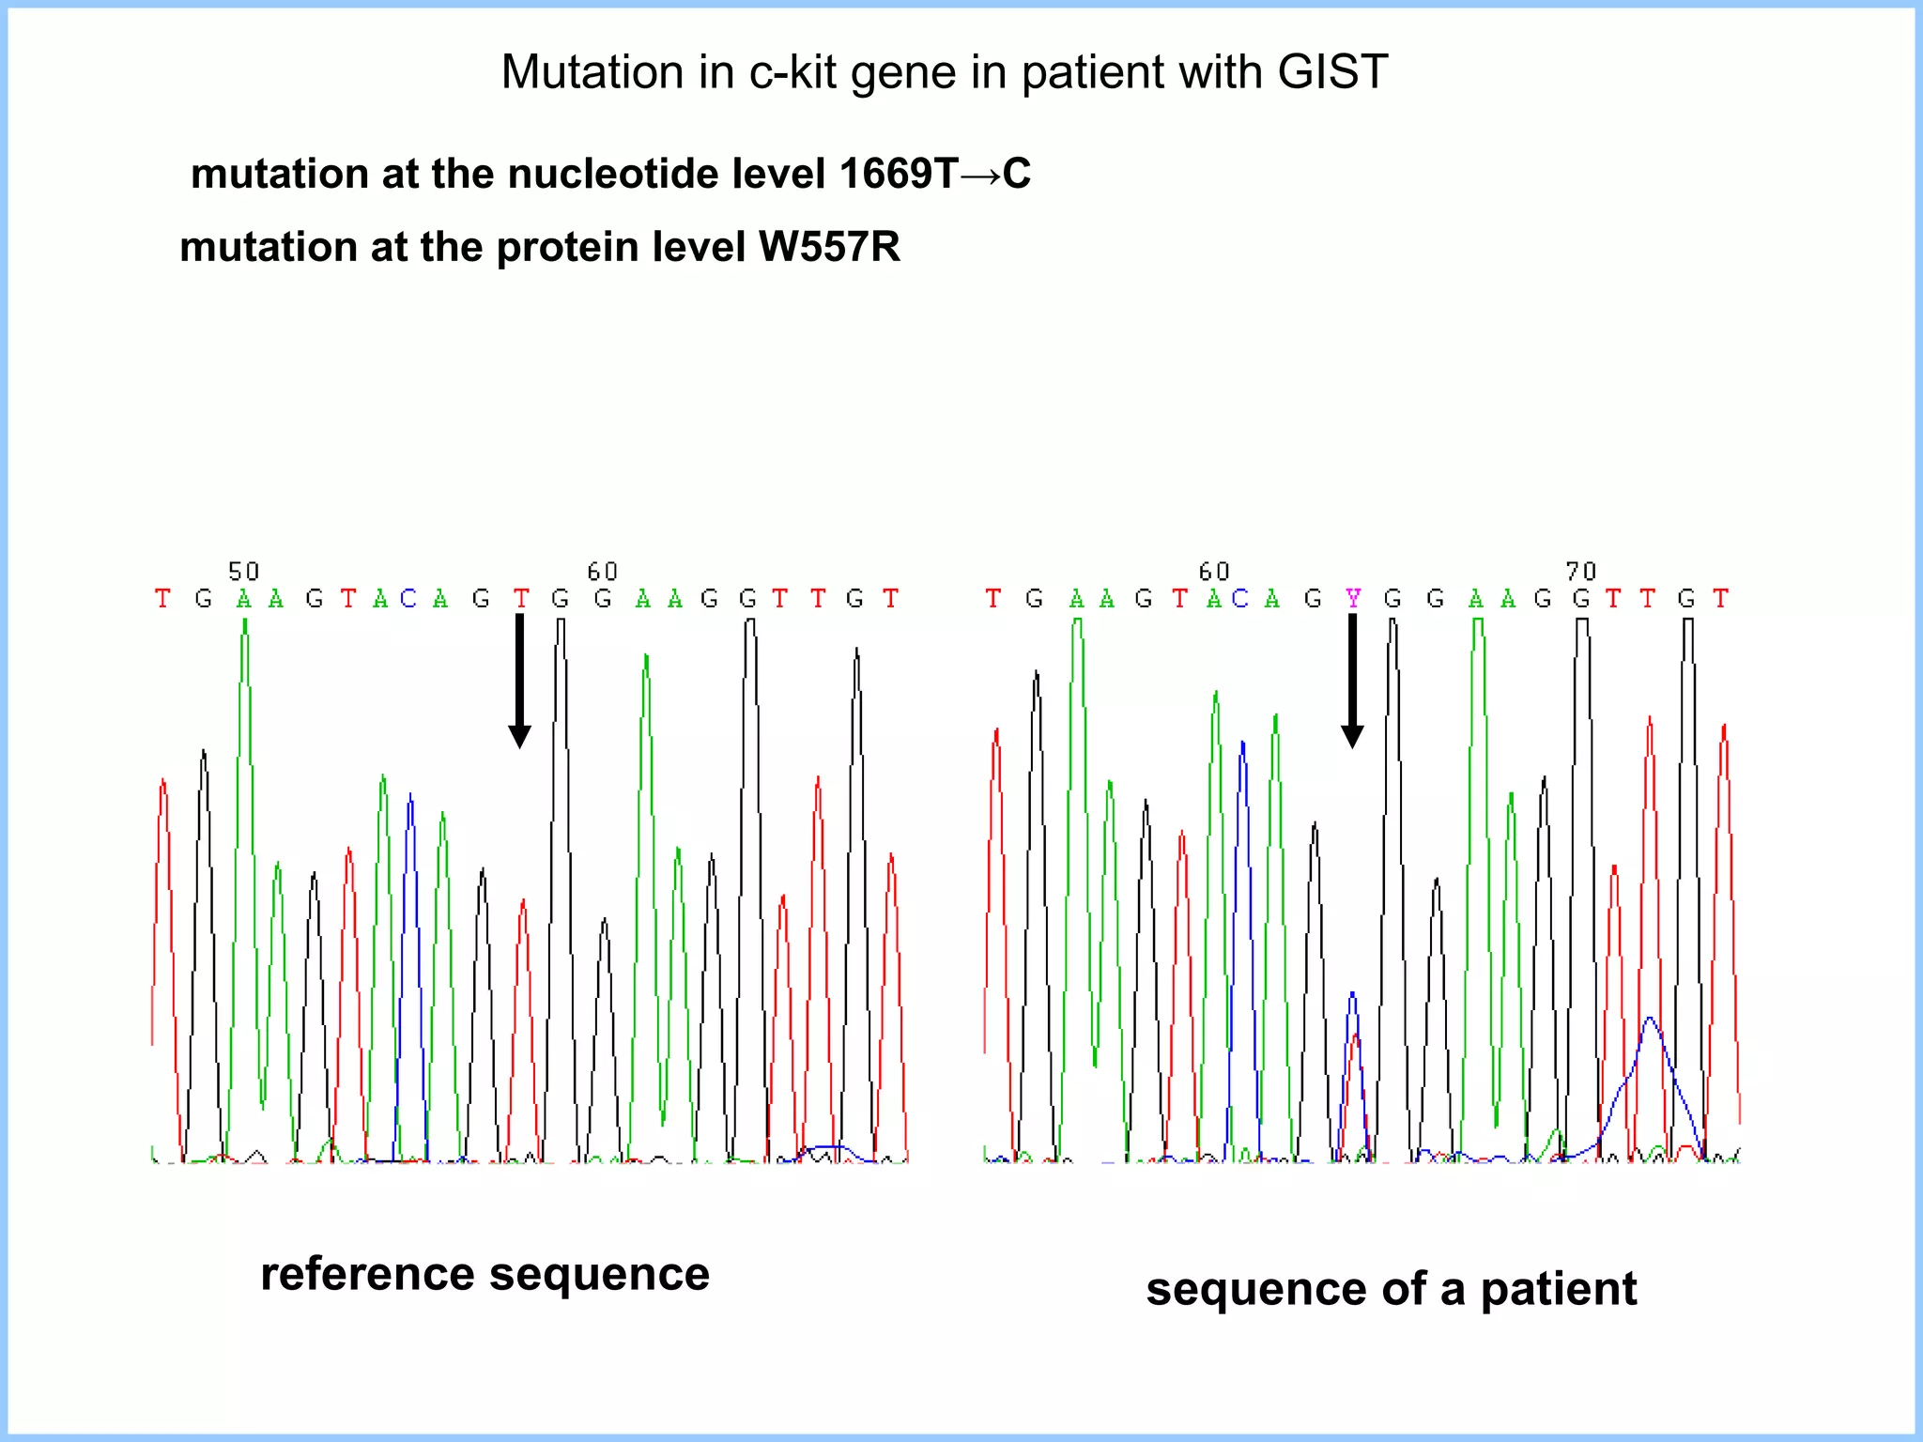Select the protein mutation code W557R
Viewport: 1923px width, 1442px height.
(829, 247)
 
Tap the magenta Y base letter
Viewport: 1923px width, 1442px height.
(1352, 598)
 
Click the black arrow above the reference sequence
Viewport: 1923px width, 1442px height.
(519, 680)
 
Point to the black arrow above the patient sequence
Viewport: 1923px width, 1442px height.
(1352, 680)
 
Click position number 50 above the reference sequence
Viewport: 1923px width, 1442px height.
(243, 571)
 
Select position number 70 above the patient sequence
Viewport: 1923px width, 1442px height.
(1580, 571)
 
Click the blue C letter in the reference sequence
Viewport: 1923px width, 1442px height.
(408, 598)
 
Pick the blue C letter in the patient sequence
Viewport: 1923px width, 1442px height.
(1240, 598)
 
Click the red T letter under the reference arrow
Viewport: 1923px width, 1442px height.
(520, 598)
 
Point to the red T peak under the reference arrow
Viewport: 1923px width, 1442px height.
(523, 939)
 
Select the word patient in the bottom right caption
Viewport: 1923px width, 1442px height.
(1558, 1288)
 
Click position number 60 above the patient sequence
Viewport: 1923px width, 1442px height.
(1213, 571)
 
